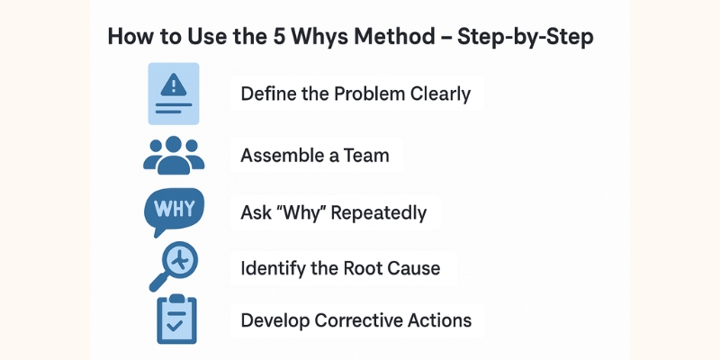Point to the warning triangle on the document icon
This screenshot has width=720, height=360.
point(173,85)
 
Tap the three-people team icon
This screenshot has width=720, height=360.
point(175,155)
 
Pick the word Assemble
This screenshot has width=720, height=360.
point(277,155)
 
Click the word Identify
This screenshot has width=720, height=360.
point(272,267)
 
